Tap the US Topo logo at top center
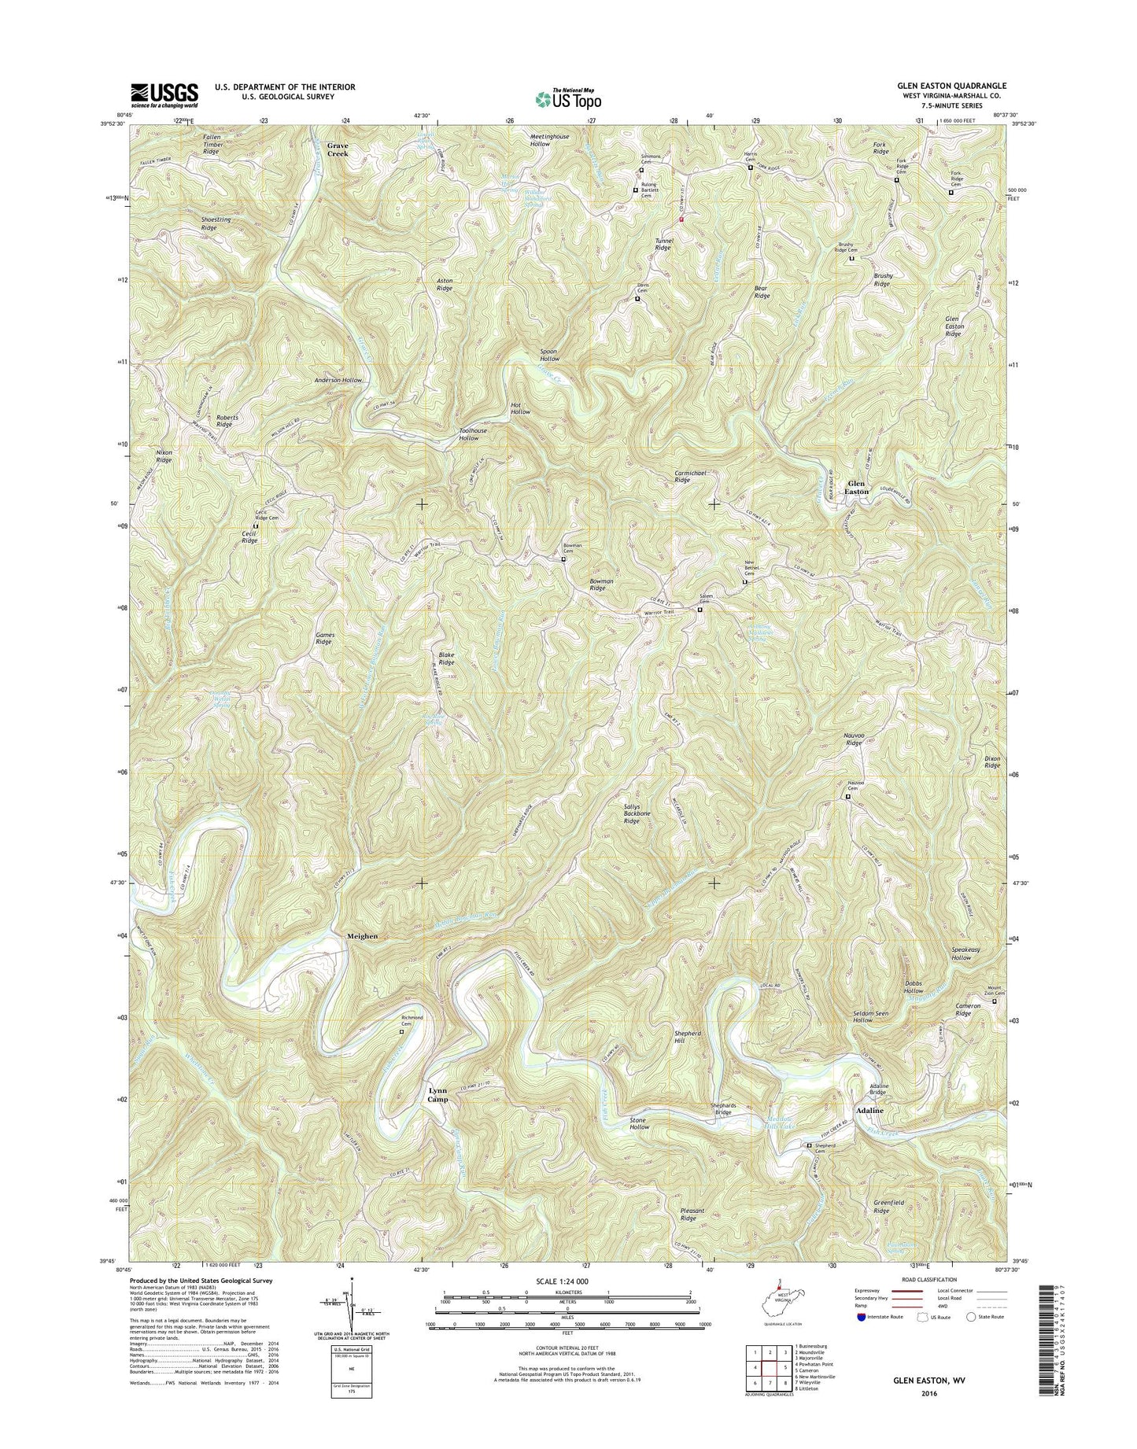pos(568,98)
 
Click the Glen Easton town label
pos(856,487)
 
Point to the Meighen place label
pos(362,936)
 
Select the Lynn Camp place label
pos(437,1095)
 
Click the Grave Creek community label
pos(338,149)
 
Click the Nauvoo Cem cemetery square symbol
pos(847,797)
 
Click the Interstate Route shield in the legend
pos(862,1339)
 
